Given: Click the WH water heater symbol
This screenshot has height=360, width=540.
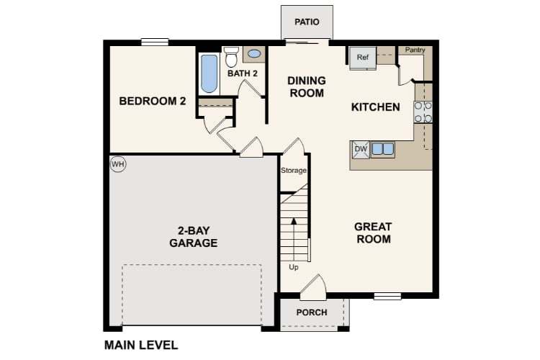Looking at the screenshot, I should pyautogui.click(x=118, y=165).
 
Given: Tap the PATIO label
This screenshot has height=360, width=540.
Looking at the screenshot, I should pyautogui.click(x=307, y=22).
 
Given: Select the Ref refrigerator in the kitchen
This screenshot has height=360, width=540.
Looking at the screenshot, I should pyautogui.click(x=363, y=58).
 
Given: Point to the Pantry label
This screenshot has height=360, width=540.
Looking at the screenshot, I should pyautogui.click(x=415, y=50).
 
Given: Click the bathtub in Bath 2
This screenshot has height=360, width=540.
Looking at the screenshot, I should pyautogui.click(x=209, y=74).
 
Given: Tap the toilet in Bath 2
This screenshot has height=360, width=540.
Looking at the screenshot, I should pyautogui.click(x=231, y=56).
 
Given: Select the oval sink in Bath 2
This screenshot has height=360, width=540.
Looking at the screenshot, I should pyautogui.click(x=254, y=53).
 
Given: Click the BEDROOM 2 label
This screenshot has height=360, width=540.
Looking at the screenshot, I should pyautogui.click(x=153, y=102).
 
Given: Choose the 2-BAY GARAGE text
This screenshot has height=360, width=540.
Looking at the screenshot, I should pyautogui.click(x=194, y=237).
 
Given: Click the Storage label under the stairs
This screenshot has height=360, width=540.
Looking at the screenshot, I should pyautogui.click(x=294, y=171).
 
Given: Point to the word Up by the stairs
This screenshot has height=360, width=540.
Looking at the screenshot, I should pyautogui.click(x=294, y=267).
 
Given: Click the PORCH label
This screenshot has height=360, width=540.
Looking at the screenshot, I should pyautogui.click(x=312, y=312).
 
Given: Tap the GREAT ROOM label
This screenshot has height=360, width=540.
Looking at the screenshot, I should pyautogui.click(x=373, y=233).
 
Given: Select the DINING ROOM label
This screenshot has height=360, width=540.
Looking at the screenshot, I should pyautogui.click(x=307, y=86).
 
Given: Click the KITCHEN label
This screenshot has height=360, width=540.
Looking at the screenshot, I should pyautogui.click(x=375, y=107).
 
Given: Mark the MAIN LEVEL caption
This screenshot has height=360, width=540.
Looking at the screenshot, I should pyautogui.click(x=141, y=345).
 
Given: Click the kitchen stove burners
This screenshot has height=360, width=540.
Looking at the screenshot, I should pyautogui.click(x=423, y=111).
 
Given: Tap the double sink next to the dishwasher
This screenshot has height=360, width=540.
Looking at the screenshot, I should pyautogui.click(x=382, y=149).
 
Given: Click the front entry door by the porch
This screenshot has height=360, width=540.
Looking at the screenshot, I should pyautogui.click(x=312, y=288).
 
